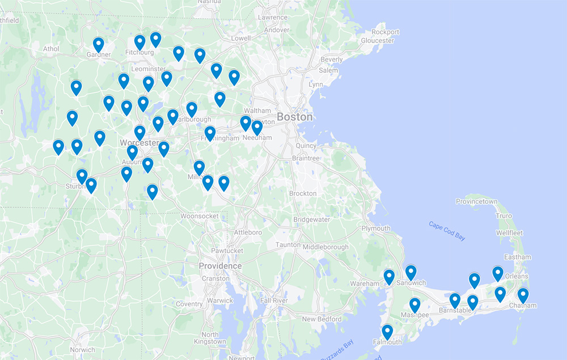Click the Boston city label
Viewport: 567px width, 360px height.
click(x=294, y=117)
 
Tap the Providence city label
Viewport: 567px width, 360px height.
click(x=220, y=266)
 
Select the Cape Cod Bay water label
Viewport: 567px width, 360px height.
click(x=447, y=231)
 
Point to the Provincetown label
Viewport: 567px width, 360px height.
click(x=476, y=202)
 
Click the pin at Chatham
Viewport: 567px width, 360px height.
click(x=523, y=295)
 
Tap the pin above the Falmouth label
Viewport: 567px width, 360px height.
click(x=387, y=332)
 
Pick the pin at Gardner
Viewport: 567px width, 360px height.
click(x=99, y=45)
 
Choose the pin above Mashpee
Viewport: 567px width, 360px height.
click(x=415, y=305)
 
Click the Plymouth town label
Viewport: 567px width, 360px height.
click(x=376, y=228)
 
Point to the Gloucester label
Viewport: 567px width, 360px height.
click(x=377, y=40)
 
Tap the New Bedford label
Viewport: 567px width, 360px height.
click(x=321, y=319)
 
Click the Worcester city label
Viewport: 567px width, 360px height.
click(x=139, y=143)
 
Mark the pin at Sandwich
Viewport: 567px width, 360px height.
click(x=411, y=273)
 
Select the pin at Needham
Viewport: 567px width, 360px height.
click(x=257, y=128)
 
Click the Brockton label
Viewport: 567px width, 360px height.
click(x=303, y=193)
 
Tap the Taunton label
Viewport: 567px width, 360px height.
click(x=288, y=245)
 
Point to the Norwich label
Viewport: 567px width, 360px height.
click(x=83, y=350)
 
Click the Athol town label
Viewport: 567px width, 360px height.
click(x=51, y=49)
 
